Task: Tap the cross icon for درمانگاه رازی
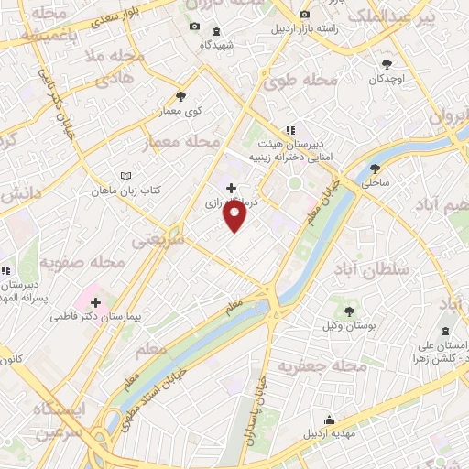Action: point(230,188)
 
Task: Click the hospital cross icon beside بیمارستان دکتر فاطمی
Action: point(95,301)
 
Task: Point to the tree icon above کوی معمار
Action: point(180,96)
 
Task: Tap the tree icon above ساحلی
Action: point(376,169)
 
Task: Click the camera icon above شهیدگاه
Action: point(193,26)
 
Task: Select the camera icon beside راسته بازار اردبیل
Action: point(305,16)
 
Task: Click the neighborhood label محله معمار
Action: point(183,142)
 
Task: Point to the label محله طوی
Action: point(300,81)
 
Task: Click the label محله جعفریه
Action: point(322,365)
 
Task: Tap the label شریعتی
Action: point(158,240)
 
